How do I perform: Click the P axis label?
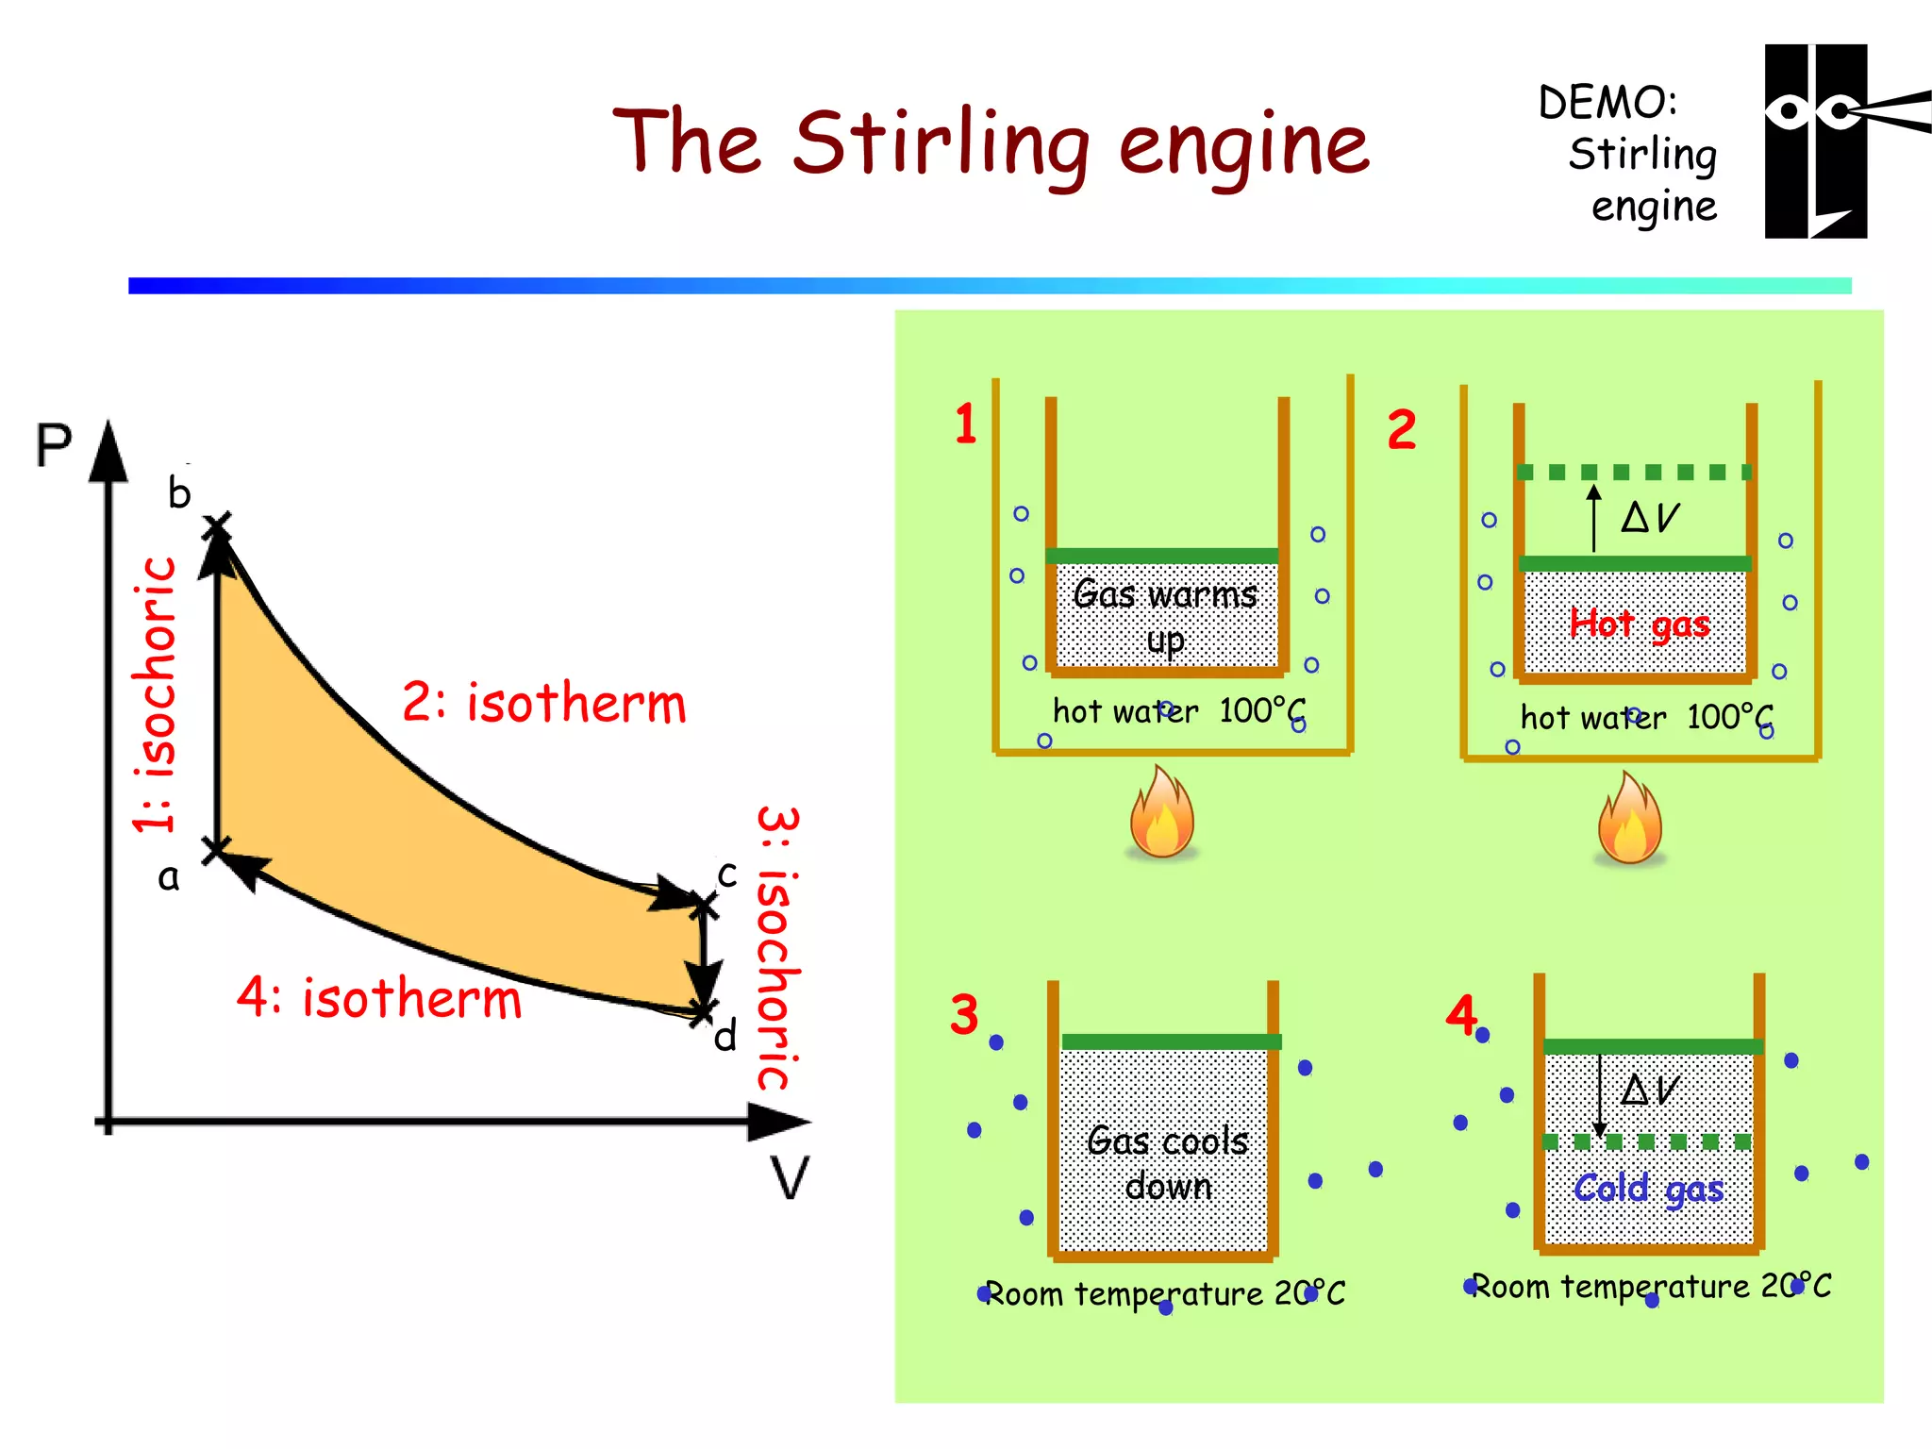[x=54, y=445]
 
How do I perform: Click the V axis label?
[x=789, y=1177]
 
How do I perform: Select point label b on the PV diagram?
[x=179, y=493]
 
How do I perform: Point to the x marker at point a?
[x=216, y=849]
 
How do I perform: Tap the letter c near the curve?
[x=726, y=874]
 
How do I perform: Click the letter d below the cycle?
[x=724, y=1037]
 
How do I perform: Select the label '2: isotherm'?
[x=544, y=703]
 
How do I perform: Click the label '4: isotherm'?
[x=379, y=998]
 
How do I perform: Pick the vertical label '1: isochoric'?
[x=155, y=695]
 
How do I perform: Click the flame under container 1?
[x=1162, y=813]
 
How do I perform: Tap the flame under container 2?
[x=1629, y=819]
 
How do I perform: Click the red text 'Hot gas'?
[x=1640, y=624]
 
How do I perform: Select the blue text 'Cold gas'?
[x=1648, y=1189]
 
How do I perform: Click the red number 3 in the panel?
[x=964, y=1015]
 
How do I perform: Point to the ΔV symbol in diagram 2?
[x=1650, y=517]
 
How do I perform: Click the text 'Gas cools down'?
[x=1168, y=1163]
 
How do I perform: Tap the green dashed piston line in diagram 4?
[x=1646, y=1142]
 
